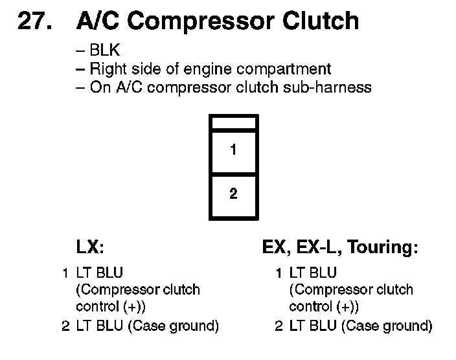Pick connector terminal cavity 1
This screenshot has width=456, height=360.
tap(233, 150)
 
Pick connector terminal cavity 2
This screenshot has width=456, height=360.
tap(233, 194)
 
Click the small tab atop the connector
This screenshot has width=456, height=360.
tap(233, 122)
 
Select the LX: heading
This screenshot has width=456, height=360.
tap(91, 247)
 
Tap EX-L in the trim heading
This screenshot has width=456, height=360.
tap(319, 247)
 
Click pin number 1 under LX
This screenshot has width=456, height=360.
tap(65, 273)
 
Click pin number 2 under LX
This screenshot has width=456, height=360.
tap(65, 326)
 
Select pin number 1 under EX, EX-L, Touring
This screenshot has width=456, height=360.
tap(279, 273)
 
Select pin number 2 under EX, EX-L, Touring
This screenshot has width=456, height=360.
tap(279, 326)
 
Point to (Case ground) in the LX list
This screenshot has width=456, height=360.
tap(174, 326)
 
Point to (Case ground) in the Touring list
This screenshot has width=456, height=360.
tap(387, 326)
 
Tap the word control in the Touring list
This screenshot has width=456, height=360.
tap(308, 306)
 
